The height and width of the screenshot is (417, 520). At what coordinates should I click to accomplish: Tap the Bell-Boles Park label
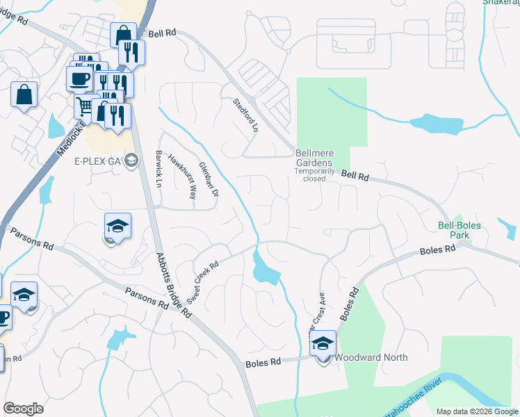(x=463, y=230)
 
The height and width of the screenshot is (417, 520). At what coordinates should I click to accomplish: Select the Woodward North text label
(x=371, y=357)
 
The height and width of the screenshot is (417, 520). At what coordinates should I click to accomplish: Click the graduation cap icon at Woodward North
(x=323, y=343)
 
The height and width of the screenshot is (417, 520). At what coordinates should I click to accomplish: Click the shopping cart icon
(x=84, y=106)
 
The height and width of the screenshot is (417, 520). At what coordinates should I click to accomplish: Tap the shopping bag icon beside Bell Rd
(x=123, y=35)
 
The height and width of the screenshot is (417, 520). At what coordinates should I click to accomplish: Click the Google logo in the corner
(x=23, y=409)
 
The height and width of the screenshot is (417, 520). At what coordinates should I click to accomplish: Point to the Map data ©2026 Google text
(x=477, y=411)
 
